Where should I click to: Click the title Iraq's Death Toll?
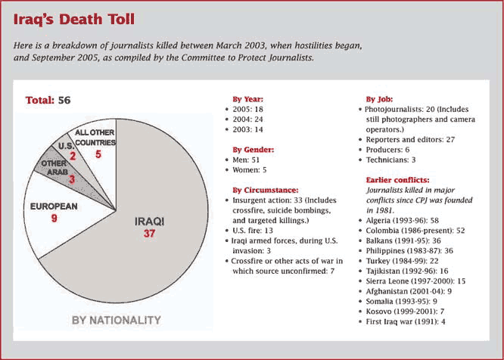(x=74, y=19)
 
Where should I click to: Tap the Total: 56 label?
(x=48, y=100)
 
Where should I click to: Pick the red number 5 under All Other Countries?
(x=98, y=154)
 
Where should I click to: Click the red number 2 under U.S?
(x=73, y=156)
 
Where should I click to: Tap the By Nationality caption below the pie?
(x=117, y=320)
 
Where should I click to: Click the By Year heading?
(x=247, y=99)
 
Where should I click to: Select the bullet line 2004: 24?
(x=247, y=119)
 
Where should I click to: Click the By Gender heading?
(x=254, y=150)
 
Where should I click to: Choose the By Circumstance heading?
(x=266, y=190)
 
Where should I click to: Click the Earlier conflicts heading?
(x=397, y=180)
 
